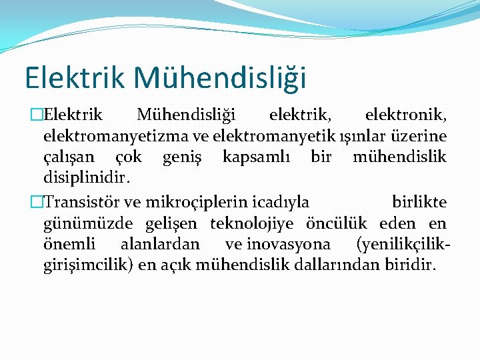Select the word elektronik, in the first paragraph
point(406,115)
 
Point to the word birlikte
point(419,202)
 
